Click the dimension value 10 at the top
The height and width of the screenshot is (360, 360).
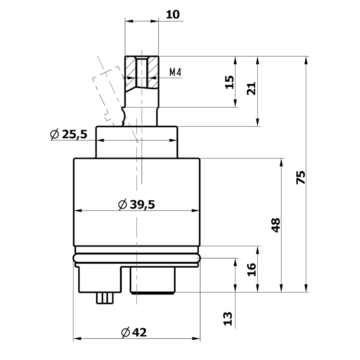(x=173, y=15)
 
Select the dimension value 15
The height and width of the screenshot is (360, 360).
(x=229, y=82)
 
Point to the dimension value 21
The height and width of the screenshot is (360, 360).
(x=251, y=88)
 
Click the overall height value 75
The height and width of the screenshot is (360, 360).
(x=300, y=177)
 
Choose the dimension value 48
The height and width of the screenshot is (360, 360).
(x=276, y=225)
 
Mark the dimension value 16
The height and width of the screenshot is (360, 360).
(x=251, y=270)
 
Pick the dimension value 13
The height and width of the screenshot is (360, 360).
(x=228, y=318)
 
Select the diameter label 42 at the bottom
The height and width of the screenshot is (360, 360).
(x=138, y=332)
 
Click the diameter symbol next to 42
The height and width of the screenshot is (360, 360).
(x=125, y=332)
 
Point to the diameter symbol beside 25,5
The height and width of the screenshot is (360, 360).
(x=55, y=134)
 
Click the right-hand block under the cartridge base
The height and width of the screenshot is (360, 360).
(x=153, y=280)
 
